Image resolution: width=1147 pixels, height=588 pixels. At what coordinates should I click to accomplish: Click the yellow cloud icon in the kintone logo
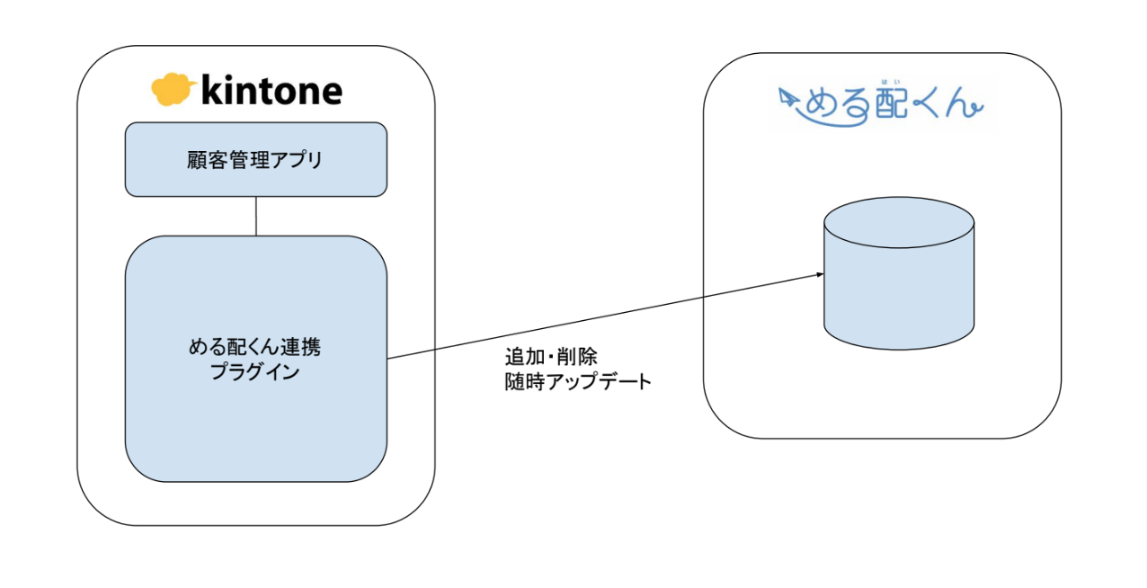173,89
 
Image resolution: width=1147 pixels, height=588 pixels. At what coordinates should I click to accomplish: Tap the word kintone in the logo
271,90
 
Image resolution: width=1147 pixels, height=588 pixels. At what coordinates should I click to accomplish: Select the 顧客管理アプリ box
256,159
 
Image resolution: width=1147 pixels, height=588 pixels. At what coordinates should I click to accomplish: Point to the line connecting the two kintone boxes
256,216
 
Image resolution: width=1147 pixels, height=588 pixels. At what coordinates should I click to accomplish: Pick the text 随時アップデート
578,381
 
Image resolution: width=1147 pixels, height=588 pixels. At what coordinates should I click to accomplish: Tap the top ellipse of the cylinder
899,222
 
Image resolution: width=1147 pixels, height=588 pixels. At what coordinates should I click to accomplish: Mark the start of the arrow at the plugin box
389,359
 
